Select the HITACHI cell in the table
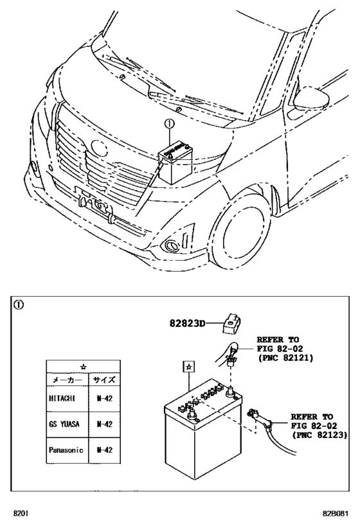pyautogui.click(x=62, y=398)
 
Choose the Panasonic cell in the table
pyautogui.click(x=66, y=450)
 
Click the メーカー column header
pyautogui.click(x=66, y=379)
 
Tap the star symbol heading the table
pyautogui.click(x=84, y=366)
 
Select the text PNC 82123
pyautogui.click(x=319, y=435)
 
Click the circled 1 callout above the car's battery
pyautogui.click(x=169, y=125)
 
